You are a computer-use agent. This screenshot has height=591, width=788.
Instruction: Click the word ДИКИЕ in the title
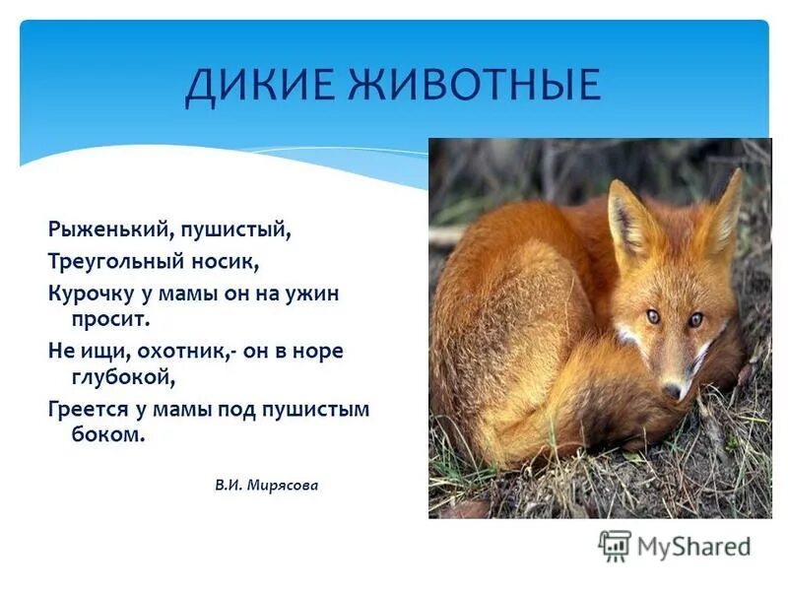click(252, 84)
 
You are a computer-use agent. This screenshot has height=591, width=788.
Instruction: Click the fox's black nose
click(672, 390)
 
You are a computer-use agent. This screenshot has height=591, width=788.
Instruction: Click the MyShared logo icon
click(615, 546)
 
